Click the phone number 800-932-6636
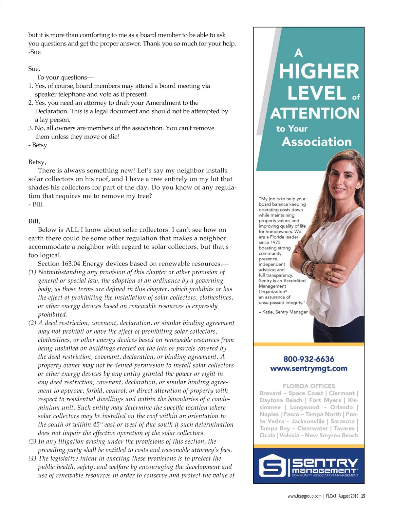[309, 359]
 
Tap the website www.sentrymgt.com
[309, 368]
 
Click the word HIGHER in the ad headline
[319, 71]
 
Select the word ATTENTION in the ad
[315, 113]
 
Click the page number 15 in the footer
[363, 496]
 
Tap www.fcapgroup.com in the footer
[304, 496]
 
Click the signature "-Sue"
[34, 52]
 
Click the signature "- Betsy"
[38, 145]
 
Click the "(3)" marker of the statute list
[32, 441]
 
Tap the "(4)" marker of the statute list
[32, 458]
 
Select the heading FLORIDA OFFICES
[309, 386]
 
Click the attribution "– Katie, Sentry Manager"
[283, 312]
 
